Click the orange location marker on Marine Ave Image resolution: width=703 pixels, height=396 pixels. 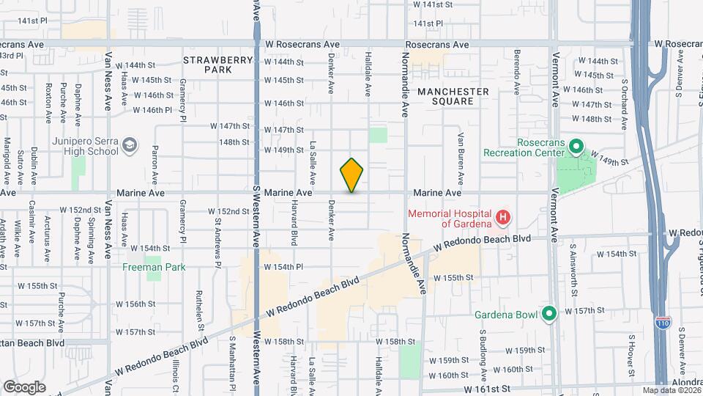(x=352, y=175)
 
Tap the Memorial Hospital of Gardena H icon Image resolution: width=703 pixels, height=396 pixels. (x=503, y=217)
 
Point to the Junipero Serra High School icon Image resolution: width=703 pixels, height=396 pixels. (x=130, y=145)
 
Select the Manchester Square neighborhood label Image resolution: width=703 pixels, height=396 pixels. (x=453, y=96)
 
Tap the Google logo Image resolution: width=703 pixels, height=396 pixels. (x=24, y=386)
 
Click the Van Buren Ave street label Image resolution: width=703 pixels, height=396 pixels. (x=461, y=158)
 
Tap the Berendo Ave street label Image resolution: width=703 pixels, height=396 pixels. (x=517, y=73)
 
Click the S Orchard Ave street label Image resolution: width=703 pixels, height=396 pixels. (x=625, y=103)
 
